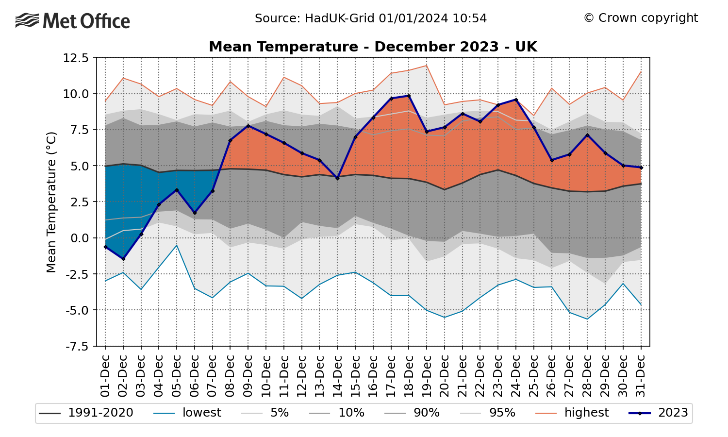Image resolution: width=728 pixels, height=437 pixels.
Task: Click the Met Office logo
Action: [73, 21]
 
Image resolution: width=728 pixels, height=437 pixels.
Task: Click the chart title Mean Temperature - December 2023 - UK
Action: [373, 47]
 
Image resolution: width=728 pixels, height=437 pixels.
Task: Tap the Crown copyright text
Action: [641, 18]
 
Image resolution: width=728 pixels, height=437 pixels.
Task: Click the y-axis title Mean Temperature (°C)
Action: [51, 202]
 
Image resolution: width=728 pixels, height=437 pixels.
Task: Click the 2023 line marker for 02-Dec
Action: [123, 259]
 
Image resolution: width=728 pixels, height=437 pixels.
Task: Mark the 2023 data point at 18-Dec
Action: [409, 96]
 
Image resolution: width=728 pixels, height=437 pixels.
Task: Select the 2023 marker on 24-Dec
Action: [516, 100]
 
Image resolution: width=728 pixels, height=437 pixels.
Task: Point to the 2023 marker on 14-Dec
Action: [337, 178]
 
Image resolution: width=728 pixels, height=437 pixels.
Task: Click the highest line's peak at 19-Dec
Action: [427, 65]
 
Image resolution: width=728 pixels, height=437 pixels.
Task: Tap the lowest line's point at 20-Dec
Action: [445, 317]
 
